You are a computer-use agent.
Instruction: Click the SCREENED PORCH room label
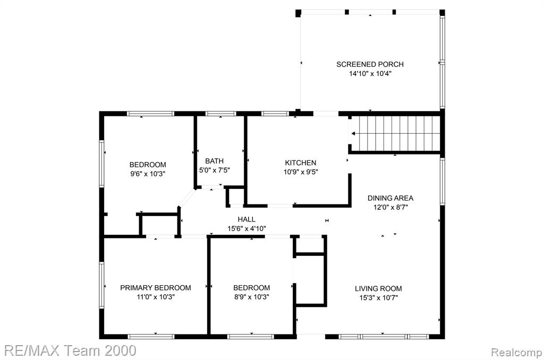[x=370, y=64]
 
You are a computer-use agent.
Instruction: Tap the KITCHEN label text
[x=301, y=162]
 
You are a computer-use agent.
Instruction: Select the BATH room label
[x=215, y=161]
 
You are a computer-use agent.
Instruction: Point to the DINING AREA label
[x=390, y=198]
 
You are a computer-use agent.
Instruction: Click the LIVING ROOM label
[x=378, y=288]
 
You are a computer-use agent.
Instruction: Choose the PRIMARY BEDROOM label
[x=156, y=287]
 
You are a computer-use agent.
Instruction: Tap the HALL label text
[x=246, y=219]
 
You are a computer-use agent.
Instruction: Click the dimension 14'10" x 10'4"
[x=370, y=73]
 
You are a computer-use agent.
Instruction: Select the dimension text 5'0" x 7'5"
[x=215, y=170]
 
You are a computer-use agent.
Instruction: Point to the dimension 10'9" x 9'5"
[x=301, y=172]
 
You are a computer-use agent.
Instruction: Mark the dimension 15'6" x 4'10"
[x=246, y=228]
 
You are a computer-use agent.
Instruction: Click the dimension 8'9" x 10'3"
[x=251, y=297]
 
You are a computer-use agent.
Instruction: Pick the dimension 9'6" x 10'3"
[x=148, y=174]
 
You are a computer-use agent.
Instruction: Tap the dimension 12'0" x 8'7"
[x=390, y=208]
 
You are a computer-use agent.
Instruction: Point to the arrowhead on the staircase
[x=353, y=133]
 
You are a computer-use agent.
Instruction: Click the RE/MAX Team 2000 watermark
[x=70, y=350]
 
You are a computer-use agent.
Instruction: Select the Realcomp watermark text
[x=516, y=353]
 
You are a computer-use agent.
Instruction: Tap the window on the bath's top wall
[x=220, y=114]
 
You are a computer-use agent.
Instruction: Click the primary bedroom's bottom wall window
[x=151, y=337]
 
